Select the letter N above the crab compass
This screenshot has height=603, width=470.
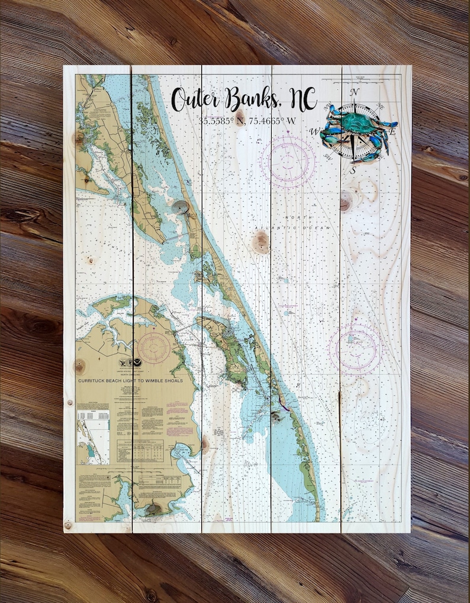(355, 92)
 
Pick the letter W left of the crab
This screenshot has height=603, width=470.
(316, 131)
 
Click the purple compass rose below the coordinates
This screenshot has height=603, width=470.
(288, 158)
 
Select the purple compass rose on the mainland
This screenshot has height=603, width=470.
(154, 345)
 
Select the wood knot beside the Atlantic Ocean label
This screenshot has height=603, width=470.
(260, 242)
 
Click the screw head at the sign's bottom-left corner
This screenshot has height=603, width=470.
(67, 525)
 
